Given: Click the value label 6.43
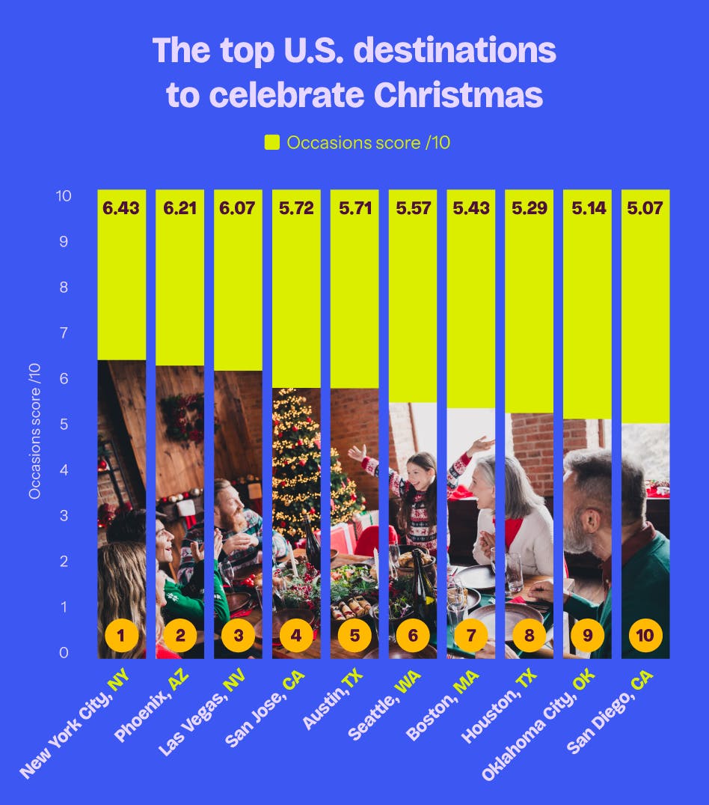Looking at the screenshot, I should (121, 208).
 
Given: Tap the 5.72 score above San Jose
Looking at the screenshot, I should (296, 208).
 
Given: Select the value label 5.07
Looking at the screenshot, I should (645, 208).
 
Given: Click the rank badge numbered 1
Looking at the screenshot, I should (121, 637).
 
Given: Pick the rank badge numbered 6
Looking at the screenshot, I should (413, 637).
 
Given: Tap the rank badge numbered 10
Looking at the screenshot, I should (645, 637).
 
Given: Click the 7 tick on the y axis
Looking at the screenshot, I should (64, 333).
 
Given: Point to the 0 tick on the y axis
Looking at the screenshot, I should (64, 653).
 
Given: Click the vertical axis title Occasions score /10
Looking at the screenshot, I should (34, 430).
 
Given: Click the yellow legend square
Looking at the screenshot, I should (272, 142).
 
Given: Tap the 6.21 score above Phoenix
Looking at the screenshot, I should (179, 208).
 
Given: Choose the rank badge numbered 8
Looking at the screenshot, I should (529, 637).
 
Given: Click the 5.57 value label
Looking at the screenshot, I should (413, 208).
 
